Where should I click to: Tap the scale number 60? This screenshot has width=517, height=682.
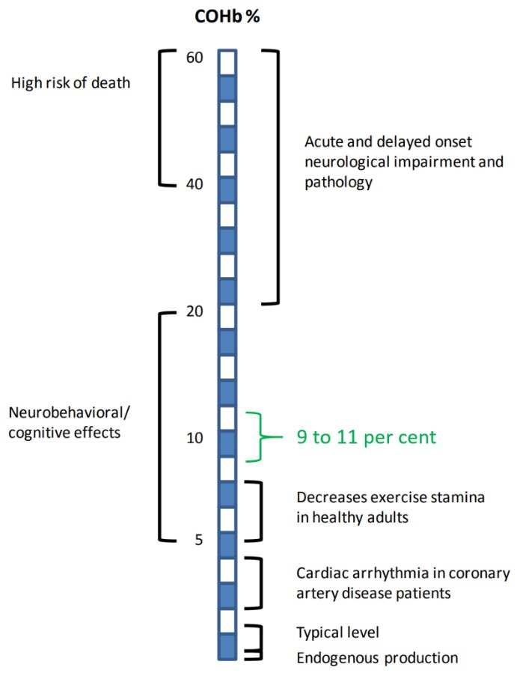point(195,57)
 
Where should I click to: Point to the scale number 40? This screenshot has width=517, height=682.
point(195,183)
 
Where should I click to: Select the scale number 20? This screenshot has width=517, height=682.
point(195,311)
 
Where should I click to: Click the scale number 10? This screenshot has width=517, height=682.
point(195,437)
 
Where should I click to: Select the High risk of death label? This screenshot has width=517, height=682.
point(70,82)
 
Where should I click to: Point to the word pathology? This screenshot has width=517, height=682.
point(339,182)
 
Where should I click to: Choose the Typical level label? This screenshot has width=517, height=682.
point(338,633)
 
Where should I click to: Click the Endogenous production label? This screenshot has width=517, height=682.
point(376,658)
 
